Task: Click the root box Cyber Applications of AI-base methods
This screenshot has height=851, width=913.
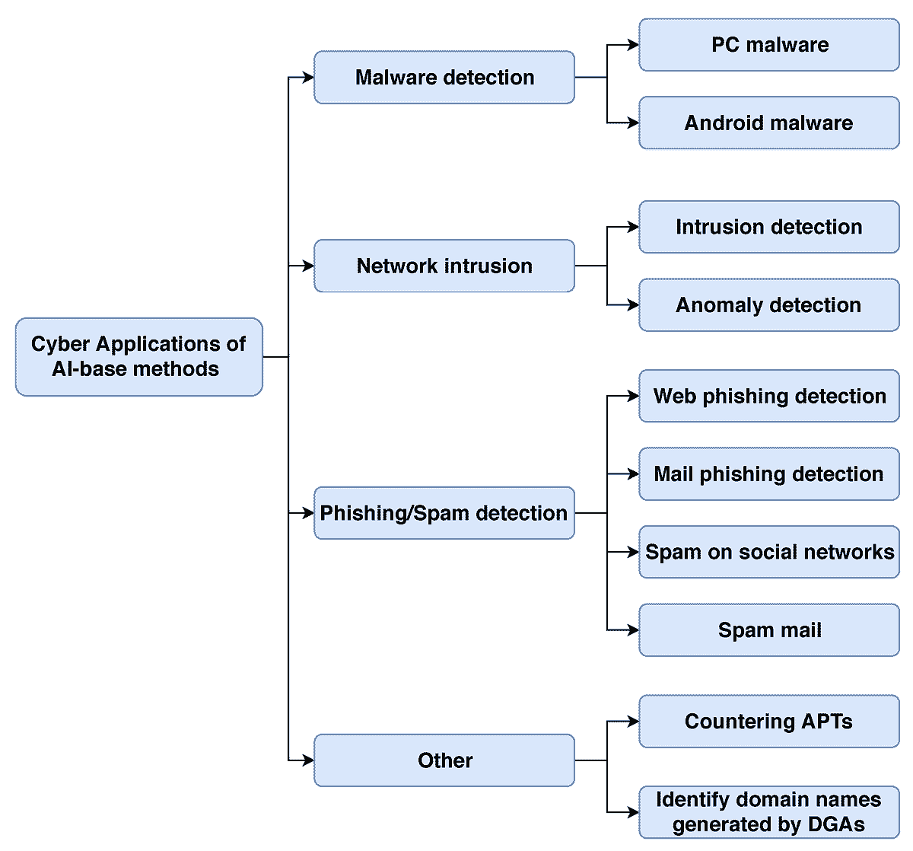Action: pos(138,356)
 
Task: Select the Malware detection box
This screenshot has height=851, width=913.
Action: pos(444,78)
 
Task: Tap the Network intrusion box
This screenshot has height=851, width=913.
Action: pos(444,266)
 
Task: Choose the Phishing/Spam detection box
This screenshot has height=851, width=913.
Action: pos(444,513)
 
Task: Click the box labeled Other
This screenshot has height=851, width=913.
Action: pos(444,760)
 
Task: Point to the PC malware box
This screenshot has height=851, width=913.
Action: pos(769,45)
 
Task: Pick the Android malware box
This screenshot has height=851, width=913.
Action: pos(769,123)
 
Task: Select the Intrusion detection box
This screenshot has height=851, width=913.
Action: pos(769,227)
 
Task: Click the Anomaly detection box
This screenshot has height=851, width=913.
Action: pos(769,305)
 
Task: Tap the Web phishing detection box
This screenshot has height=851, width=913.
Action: pos(769,396)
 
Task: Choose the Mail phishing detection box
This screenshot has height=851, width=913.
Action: pos(769,474)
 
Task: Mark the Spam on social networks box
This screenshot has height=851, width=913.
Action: pos(769,552)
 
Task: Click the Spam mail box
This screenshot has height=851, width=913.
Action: pos(769,630)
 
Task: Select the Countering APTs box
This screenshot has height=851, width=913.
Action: pos(769,722)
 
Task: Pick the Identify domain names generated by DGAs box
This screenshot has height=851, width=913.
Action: pos(769,812)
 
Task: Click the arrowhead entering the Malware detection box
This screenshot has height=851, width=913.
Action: pos(308,78)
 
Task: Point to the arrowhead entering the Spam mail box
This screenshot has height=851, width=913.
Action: pos(633,630)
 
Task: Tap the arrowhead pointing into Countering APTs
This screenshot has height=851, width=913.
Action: pos(633,722)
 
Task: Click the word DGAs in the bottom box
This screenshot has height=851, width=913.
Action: pos(834,825)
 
